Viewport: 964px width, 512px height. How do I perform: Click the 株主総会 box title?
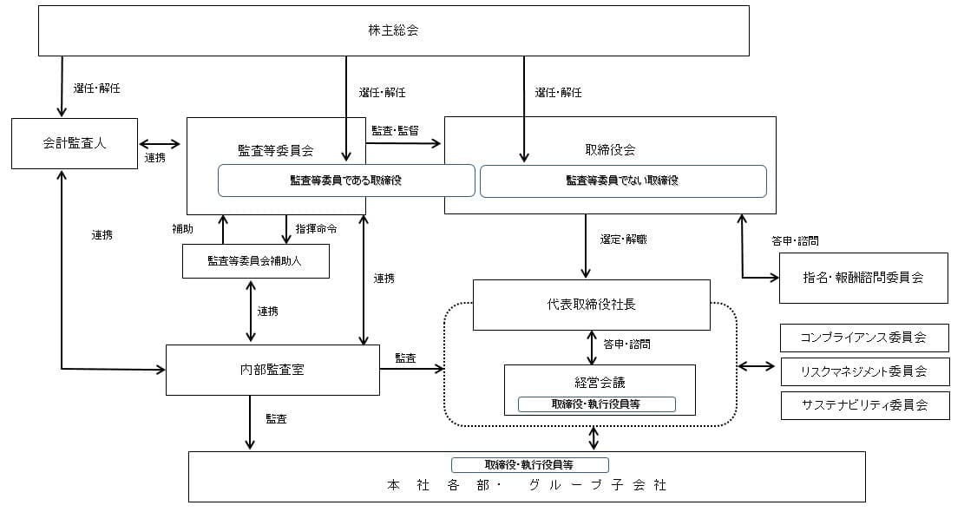(x=393, y=31)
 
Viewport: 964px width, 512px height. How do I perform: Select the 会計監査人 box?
(x=75, y=143)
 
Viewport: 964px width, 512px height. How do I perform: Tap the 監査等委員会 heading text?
(x=275, y=149)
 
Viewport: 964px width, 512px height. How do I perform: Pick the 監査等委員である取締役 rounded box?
(x=346, y=181)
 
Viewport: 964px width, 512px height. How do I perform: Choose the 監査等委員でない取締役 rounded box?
(x=622, y=181)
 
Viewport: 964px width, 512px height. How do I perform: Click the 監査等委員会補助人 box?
(x=255, y=260)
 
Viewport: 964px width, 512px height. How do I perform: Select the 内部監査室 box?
(x=272, y=370)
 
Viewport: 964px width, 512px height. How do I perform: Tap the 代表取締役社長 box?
(x=591, y=305)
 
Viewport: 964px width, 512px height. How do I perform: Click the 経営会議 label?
(x=600, y=382)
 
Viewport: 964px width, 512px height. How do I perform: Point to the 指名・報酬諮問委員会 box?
(x=862, y=278)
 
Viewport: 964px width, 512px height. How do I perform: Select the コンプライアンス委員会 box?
(x=863, y=337)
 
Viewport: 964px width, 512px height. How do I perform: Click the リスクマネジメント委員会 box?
(x=863, y=371)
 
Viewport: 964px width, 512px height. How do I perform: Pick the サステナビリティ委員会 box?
(x=863, y=404)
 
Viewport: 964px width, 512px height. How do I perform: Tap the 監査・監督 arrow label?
(x=395, y=131)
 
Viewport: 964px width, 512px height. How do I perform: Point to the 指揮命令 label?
(x=316, y=230)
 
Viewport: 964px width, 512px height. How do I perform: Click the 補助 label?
(x=182, y=230)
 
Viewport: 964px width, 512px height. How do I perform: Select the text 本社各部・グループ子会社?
(x=527, y=485)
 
